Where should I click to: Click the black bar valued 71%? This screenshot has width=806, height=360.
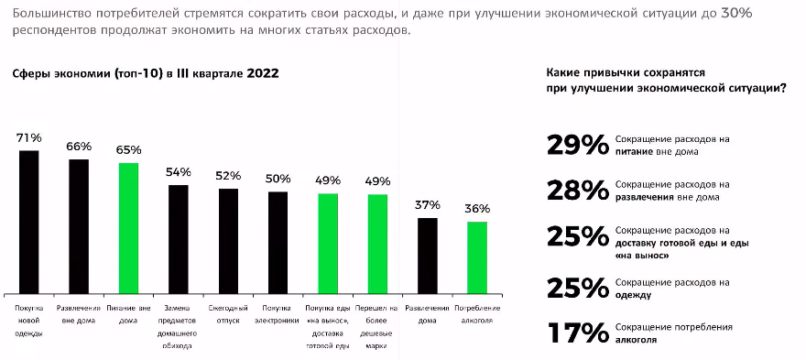30,220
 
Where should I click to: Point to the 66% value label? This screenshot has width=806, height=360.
80,147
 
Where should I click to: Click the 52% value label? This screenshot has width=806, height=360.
228,175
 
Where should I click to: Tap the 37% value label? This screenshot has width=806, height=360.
428,204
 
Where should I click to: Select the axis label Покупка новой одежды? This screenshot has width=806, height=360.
30,322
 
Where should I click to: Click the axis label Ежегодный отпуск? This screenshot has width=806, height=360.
228,314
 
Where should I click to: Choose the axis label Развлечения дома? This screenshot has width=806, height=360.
428,314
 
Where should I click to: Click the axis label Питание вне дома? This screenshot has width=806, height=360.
128,314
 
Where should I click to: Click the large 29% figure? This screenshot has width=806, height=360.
576,145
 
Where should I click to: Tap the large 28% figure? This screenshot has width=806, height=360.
576,190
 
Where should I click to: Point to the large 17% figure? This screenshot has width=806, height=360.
576,333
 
